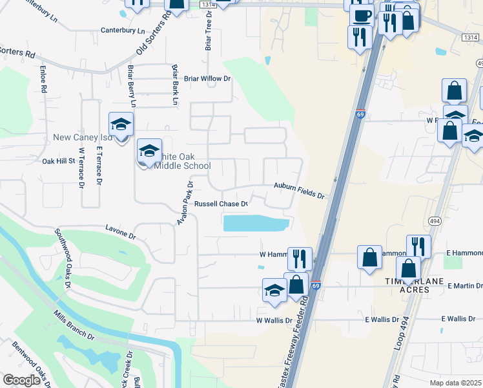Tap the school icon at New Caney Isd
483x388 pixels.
click(x=121, y=124)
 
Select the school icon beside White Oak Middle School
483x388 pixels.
click(x=149, y=152)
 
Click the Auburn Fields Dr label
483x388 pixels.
click(x=298, y=186)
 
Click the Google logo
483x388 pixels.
click(x=21, y=380)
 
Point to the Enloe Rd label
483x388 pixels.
click(x=45, y=76)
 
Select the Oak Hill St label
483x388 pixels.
click(x=59, y=161)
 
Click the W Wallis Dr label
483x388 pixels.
click(x=278, y=320)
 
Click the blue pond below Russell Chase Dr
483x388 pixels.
click(x=256, y=224)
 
